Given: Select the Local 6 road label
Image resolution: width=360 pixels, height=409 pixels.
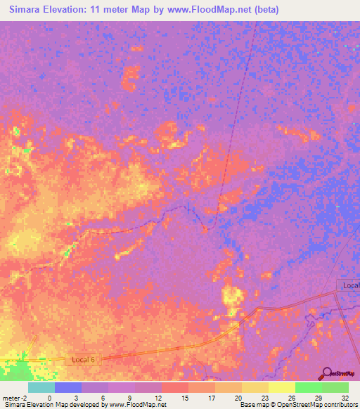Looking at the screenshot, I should [83, 360].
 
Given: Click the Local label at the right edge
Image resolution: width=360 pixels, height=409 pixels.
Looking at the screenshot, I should [349, 285].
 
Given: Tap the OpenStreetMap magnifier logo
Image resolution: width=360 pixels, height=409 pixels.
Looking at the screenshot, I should [327, 372].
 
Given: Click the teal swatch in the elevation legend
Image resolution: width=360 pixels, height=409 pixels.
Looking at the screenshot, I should [41, 387].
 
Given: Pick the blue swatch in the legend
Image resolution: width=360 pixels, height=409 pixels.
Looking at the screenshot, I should [68, 387].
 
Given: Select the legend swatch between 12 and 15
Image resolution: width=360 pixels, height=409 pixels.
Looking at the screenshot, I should [174, 387].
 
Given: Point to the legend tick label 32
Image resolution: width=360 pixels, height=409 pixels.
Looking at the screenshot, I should [344, 397].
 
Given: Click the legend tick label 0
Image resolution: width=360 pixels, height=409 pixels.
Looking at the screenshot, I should [49, 397].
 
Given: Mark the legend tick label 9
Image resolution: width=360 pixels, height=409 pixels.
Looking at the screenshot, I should [129, 397].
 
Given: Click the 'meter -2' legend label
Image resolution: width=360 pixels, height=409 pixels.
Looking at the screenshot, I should [13, 397].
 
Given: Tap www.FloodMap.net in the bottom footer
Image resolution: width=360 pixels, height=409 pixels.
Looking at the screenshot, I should [139, 405].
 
